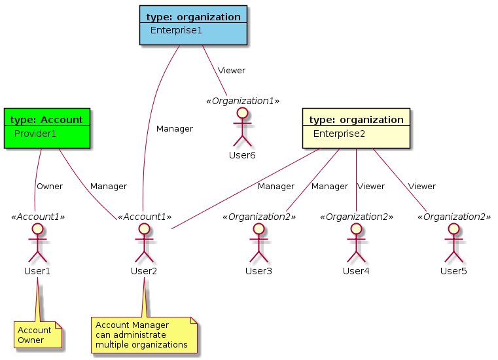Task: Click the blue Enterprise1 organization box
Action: click(194, 25)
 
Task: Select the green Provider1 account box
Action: click(46, 128)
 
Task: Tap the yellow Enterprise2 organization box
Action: click(356, 128)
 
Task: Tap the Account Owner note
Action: click(38, 334)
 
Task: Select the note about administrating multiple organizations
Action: click(144, 334)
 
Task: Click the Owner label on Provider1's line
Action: click(50, 187)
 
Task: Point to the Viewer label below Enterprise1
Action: click(232, 71)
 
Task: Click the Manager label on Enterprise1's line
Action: click(175, 129)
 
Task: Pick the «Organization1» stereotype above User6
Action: click(243, 101)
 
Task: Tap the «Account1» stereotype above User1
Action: click(38, 217)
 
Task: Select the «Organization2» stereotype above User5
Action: click(454, 217)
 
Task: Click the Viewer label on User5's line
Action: click(421, 187)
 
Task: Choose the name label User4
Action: click(356, 271)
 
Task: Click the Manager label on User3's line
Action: click(329, 187)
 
